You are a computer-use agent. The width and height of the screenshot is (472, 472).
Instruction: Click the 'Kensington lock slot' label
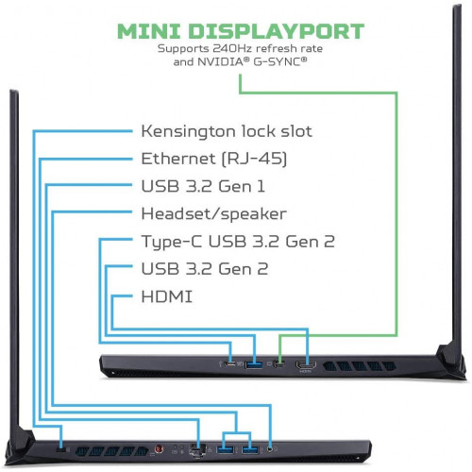tap(227, 131)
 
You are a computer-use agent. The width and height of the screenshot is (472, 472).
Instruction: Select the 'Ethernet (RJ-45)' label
tap(214, 159)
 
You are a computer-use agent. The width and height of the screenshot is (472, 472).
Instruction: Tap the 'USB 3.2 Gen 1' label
tap(203, 186)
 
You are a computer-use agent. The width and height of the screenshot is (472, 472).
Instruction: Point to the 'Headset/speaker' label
tap(213, 214)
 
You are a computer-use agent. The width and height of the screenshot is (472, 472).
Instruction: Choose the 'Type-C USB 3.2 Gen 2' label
tap(238, 242)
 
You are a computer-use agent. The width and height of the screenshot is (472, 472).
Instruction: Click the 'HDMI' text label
tap(167, 296)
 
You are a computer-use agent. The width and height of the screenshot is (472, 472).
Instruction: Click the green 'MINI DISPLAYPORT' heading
tap(241, 31)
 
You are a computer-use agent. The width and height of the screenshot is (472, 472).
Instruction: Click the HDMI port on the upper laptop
tap(306, 365)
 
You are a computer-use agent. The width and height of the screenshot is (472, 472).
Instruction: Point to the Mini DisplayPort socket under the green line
tap(279, 364)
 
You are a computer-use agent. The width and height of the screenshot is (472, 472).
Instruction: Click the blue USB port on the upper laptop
tap(254, 364)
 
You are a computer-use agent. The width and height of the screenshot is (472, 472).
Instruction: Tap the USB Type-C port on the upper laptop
tap(230, 364)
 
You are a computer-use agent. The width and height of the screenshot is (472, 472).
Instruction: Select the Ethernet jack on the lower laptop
tap(197, 449)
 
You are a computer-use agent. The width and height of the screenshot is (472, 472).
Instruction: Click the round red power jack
tap(160, 448)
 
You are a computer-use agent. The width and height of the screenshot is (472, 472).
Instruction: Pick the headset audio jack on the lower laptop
tap(270, 449)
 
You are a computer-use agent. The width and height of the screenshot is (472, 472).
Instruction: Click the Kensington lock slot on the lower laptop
tap(62, 449)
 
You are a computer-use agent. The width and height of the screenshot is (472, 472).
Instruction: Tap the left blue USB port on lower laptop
tap(225, 449)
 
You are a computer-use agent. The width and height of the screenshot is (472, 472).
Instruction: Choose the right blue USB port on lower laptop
tap(250, 449)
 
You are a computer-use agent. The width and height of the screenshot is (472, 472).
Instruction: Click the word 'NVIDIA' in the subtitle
tap(220, 62)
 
